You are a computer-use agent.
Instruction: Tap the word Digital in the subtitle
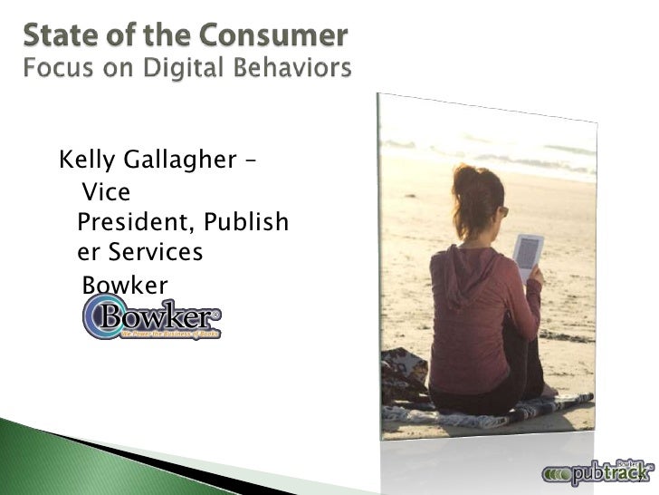186,68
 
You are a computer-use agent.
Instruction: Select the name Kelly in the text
84,161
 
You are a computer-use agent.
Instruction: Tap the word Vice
106,192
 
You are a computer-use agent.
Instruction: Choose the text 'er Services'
140,252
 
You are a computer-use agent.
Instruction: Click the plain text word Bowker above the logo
125,286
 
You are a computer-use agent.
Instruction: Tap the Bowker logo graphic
151,319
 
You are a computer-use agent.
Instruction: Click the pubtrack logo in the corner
598,471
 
